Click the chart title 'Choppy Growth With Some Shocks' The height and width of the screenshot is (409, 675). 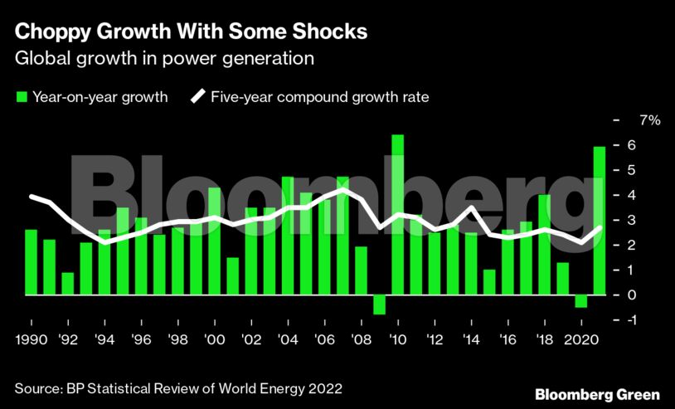point(192,32)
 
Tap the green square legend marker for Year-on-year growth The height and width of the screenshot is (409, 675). point(22,97)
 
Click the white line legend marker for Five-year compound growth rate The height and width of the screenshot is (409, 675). point(199,97)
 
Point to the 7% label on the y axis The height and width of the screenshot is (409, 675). point(649,120)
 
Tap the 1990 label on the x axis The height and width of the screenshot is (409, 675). point(31,341)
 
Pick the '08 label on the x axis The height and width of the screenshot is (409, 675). point(361,341)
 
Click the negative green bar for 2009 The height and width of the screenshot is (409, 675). point(379,304)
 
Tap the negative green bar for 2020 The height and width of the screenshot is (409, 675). point(580,301)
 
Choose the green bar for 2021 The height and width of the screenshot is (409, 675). point(599,221)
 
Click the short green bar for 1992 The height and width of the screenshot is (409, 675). point(67,284)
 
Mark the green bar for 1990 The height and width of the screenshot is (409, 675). point(31,262)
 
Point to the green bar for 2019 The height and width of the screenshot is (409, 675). point(562,279)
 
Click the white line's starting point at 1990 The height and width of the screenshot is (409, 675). point(32,197)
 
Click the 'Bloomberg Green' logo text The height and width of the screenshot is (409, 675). point(597,394)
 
